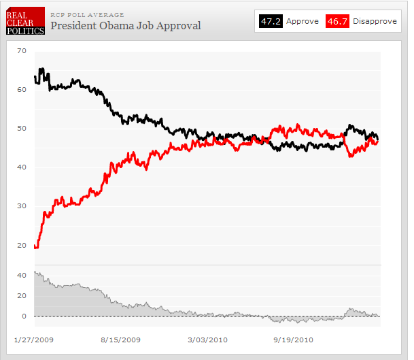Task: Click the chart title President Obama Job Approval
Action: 126,26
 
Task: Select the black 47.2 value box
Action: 270,21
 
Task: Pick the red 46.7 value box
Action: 338,21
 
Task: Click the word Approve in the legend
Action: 303,21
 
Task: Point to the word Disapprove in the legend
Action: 375,21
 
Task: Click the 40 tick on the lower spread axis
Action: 21,275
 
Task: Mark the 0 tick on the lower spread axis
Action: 23,316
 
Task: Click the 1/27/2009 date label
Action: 34,339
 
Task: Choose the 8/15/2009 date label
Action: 120,339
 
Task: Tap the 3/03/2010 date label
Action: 207,339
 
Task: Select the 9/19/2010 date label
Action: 293,339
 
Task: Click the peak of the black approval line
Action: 41,69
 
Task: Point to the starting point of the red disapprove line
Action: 35,247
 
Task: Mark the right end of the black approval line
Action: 378,139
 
